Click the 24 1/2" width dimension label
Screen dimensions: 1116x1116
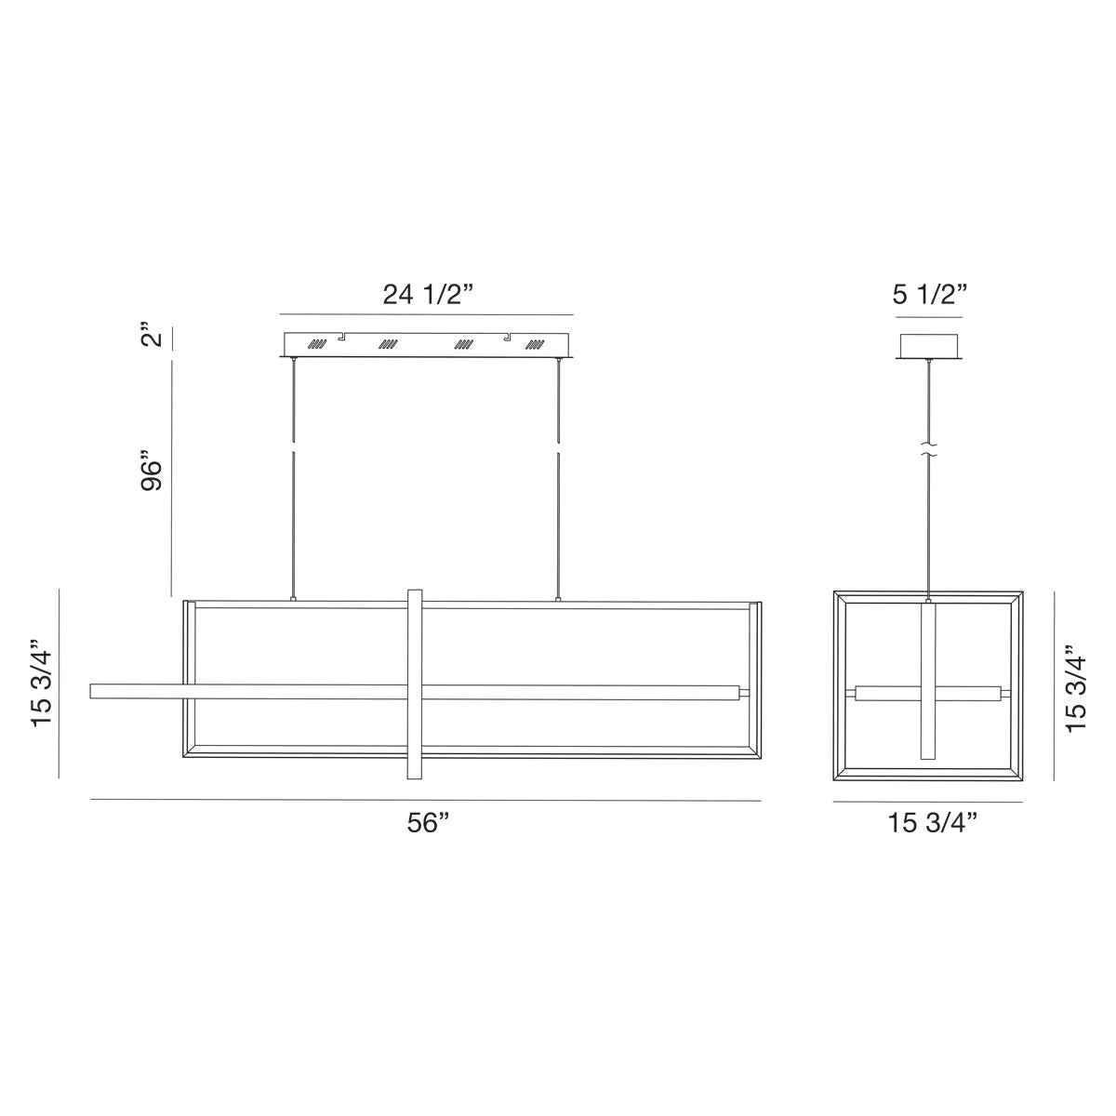click(428, 295)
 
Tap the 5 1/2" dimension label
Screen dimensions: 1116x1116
click(930, 295)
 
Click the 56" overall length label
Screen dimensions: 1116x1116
click(428, 825)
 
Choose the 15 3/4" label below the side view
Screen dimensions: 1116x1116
click(932, 825)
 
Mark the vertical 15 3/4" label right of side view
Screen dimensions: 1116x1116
click(1076, 688)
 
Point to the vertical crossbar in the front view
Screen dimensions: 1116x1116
click(415, 684)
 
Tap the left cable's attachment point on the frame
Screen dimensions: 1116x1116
click(293, 600)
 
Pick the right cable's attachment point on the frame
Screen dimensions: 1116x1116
click(558, 600)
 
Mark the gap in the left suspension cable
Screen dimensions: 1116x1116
click(293, 448)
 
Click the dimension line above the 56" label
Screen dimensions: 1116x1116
click(425, 801)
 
